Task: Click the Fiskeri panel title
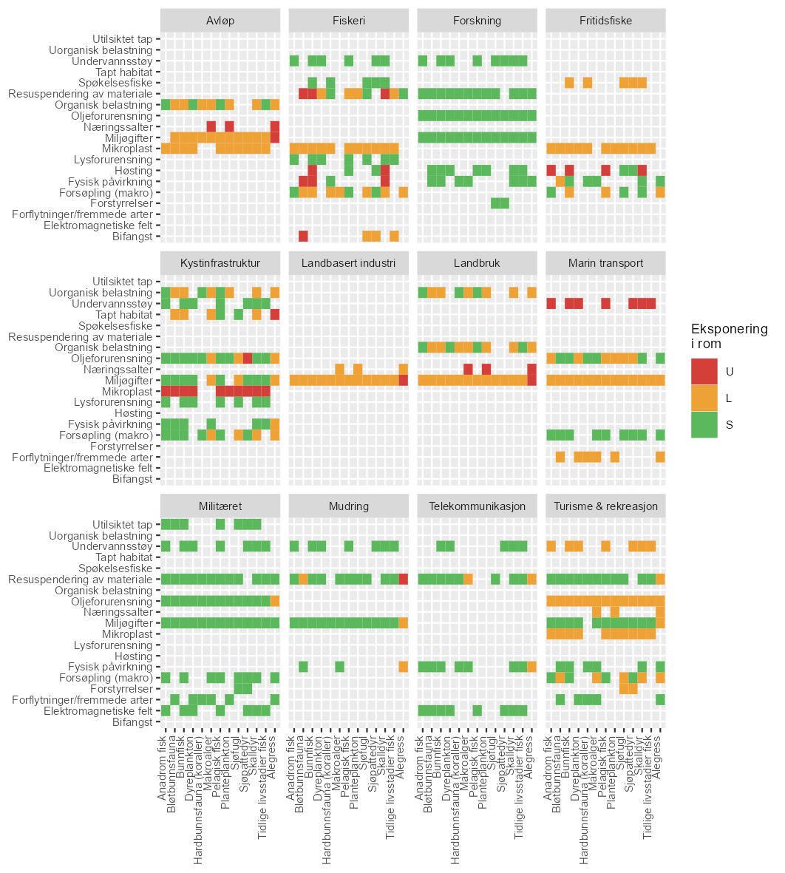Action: click(348, 21)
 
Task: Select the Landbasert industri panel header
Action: click(348, 263)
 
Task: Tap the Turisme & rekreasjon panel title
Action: click(605, 506)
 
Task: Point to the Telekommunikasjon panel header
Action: click(477, 506)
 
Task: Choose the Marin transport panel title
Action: click(605, 263)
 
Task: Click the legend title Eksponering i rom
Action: click(729, 336)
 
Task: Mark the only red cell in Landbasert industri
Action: click(404, 380)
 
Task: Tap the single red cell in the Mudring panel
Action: click(404, 579)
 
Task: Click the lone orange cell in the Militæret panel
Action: click(275, 601)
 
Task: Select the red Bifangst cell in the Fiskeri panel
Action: click(303, 236)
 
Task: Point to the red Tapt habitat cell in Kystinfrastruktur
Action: click(275, 314)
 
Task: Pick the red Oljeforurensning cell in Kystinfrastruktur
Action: click(248, 358)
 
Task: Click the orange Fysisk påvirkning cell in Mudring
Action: click(404, 667)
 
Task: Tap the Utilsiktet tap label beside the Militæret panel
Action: click(123, 525)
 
